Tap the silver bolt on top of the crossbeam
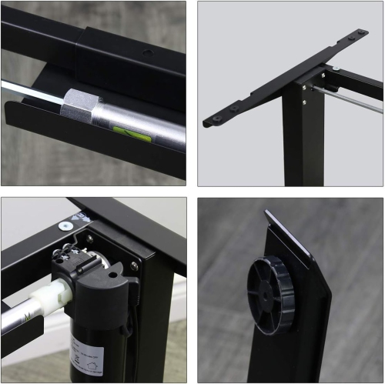pos(336,69)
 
